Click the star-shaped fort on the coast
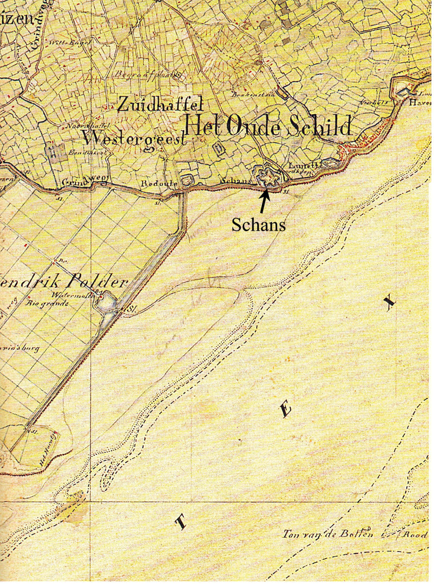pyautogui.click(x=267, y=178)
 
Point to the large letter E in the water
pyautogui.click(x=285, y=411)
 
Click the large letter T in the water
pyautogui.click(x=180, y=523)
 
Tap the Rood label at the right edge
pyautogui.click(x=417, y=533)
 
